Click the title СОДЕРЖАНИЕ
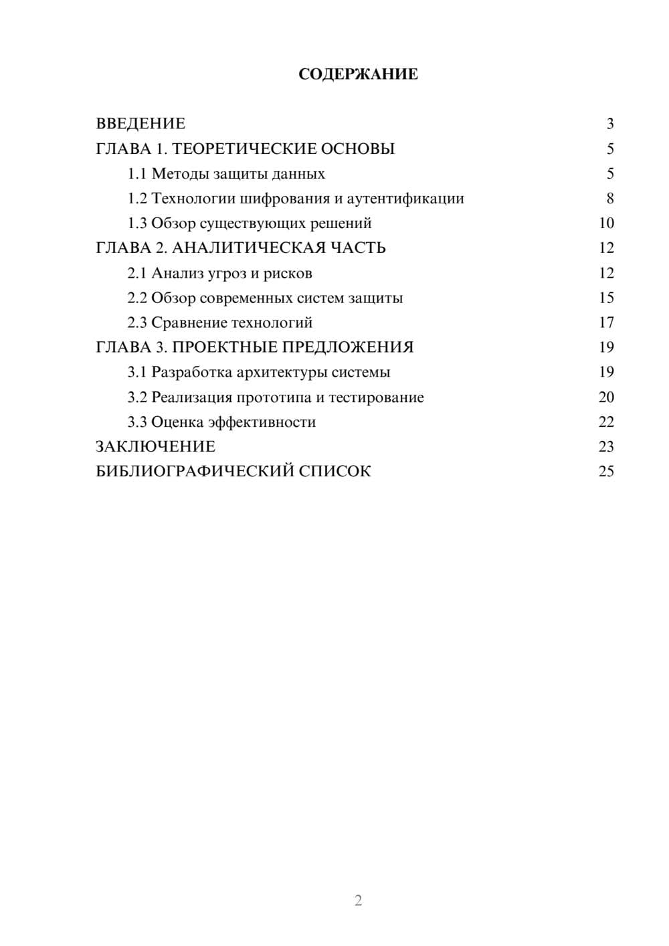(358, 74)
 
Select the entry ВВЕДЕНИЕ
(140, 124)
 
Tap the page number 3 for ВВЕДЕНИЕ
(609, 124)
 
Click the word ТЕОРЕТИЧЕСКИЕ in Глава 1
(240, 149)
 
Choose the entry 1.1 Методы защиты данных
(226, 174)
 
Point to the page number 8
(609, 199)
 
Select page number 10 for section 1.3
(606, 223)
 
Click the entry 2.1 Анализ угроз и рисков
(219, 274)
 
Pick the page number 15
(606, 298)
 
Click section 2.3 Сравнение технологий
(219, 323)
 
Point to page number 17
(606, 323)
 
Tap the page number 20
(606, 397)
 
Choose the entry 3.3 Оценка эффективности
(221, 422)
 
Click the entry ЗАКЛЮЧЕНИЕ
(155, 447)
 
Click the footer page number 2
(358, 901)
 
